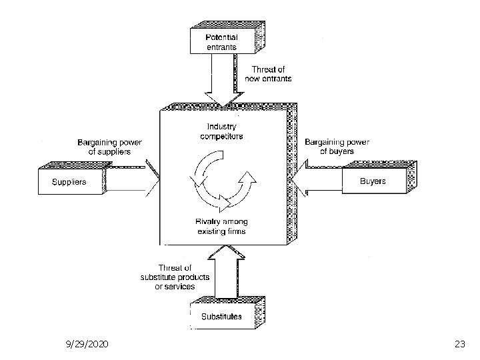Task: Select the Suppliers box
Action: pos(70,181)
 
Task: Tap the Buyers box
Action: pos(373,181)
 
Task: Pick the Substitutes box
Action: pos(221,316)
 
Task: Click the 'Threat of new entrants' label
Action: pos(271,73)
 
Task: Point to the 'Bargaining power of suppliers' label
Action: pos(109,147)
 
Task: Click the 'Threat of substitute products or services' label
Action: pos(175,277)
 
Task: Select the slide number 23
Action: pos(459,345)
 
